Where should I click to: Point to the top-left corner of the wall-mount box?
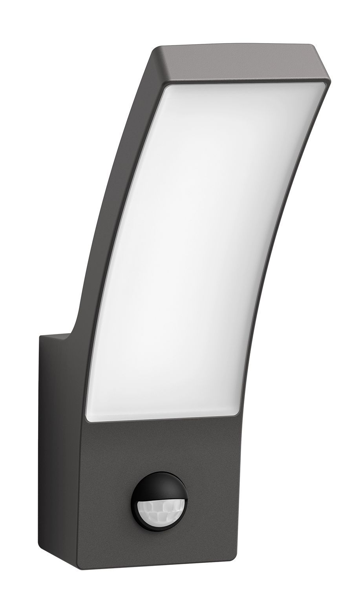[39, 334]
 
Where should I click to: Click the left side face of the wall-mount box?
[59, 451]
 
